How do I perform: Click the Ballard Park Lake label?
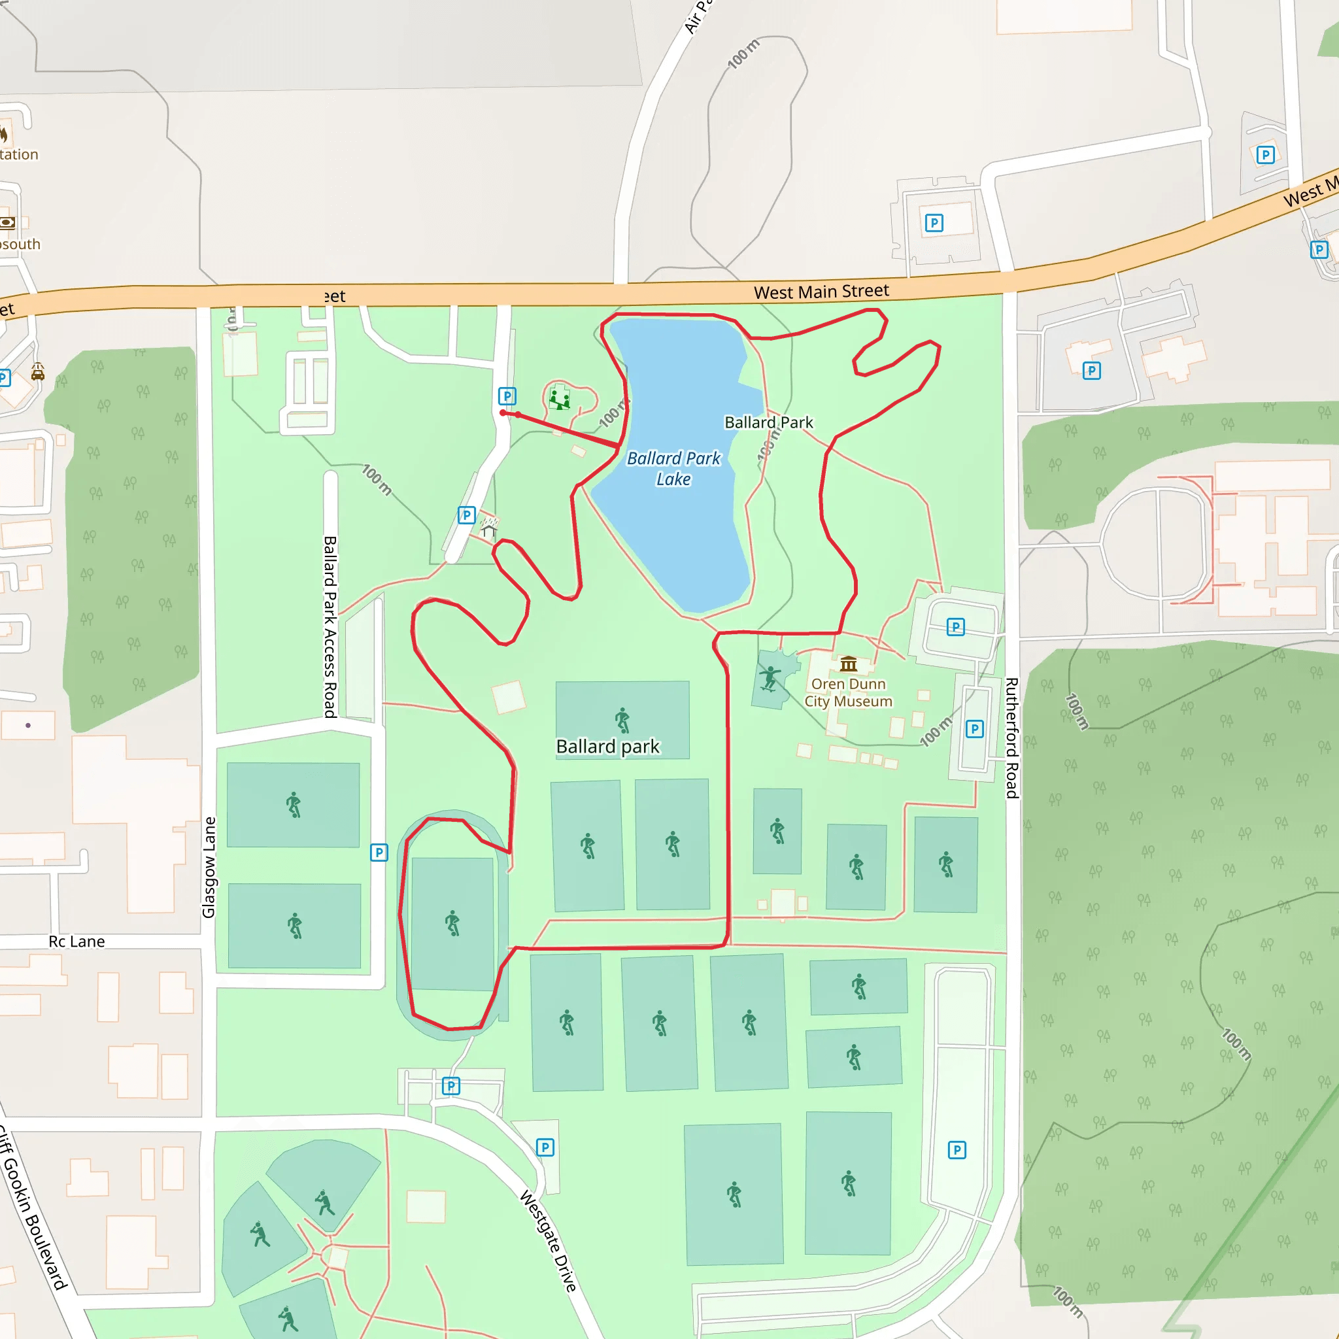coord(673,469)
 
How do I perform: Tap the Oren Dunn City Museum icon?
coord(848,665)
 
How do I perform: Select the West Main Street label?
coord(821,292)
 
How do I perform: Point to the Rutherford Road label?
coord(1011,737)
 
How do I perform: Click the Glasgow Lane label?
coord(209,867)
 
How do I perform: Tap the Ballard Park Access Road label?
coord(331,626)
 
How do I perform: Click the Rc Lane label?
coord(77,941)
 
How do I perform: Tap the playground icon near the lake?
coord(559,399)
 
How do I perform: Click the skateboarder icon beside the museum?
coord(770,677)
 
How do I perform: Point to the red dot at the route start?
coord(503,413)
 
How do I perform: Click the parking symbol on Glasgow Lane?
coord(379,853)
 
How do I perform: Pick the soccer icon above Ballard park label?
coord(622,720)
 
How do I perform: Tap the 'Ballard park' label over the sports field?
coord(608,747)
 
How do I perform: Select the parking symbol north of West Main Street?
coord(934,223)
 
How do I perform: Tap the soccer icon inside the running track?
coord(452,923)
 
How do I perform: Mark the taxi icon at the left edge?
coord(38,373)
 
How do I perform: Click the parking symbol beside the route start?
coord(507,396)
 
